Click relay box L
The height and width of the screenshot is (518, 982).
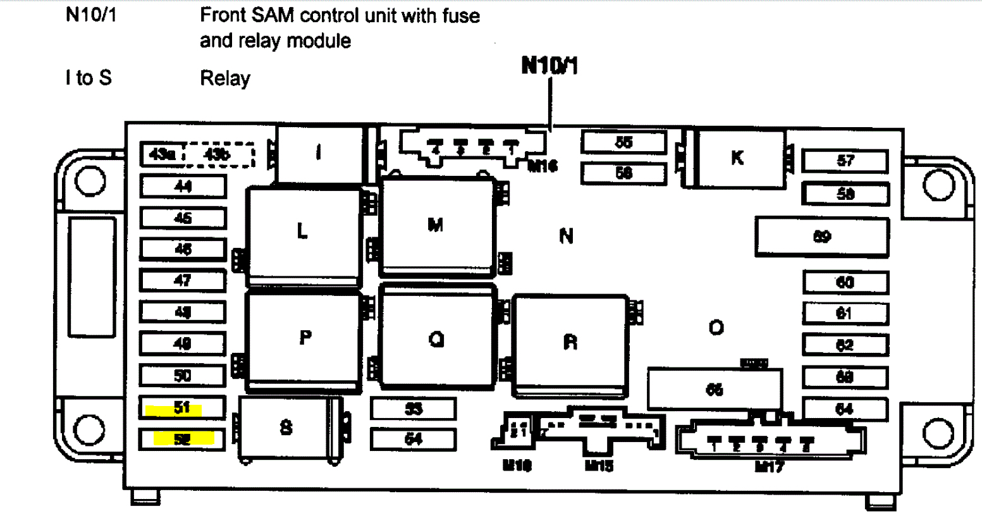(x=304, y=233)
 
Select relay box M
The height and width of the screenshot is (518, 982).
(x=436, y=225)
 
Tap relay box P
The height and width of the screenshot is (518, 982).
(x=305, y=339)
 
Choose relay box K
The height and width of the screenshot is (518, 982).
(x=738, y=158)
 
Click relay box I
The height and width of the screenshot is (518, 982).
(x=320, y=153)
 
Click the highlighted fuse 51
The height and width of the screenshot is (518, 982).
(x=182, y=408)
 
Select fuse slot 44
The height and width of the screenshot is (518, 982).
(x=182, y=187)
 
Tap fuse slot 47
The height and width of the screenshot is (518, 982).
(x=182, y=280)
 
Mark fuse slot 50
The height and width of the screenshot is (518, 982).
(x=182, y=376)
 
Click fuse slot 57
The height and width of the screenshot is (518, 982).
(x=845, y=161)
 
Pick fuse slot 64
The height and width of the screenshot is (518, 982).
(x=845, y=409)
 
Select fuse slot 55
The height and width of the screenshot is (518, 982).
(x=623, y=142)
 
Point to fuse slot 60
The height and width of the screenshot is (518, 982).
(x=845, y=282)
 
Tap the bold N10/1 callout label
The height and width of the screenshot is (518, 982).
(x=549, y=66)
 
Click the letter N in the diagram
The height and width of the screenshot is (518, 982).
(x=567, y=237)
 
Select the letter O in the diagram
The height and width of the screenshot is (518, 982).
(x=716, y=328)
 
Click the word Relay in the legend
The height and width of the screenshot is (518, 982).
(x=225, y=78)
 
